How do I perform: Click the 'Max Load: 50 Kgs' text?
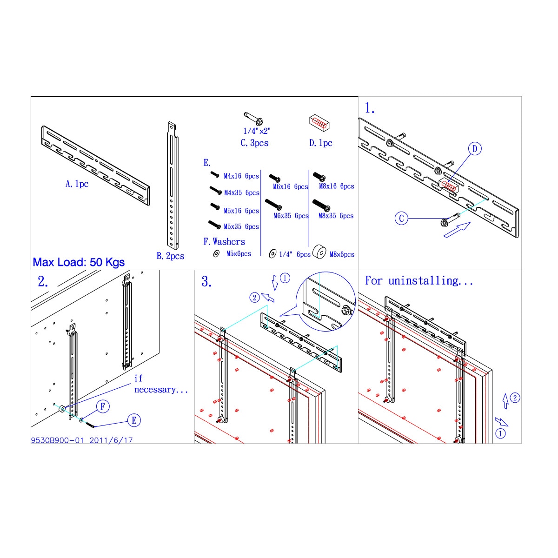coord(79,262)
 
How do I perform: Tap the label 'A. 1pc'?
coord(77,184)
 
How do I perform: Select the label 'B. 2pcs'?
coord(170,256)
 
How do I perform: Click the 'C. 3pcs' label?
coord(254,143)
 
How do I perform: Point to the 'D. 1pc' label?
coord(320,143)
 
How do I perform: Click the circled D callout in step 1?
coord(475,149)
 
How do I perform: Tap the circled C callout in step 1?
coord(401,218)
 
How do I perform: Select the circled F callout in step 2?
coord(102,406)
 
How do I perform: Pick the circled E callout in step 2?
coord(134,420)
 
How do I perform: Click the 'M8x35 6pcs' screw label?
coord(336,216)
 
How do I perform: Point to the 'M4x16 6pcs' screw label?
coord(241,176)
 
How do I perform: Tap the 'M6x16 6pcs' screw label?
coord(291,187)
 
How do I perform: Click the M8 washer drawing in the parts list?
coord(319,252)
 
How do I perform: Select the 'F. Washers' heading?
coord(224,241)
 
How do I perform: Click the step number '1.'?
coord(370,108)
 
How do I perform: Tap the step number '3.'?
coord(206,281)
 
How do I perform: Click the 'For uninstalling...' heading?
coord(418,280)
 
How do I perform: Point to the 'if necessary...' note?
coord(161,384)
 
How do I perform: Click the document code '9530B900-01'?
coord(57,440)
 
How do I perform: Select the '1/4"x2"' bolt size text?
coord(257,131)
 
